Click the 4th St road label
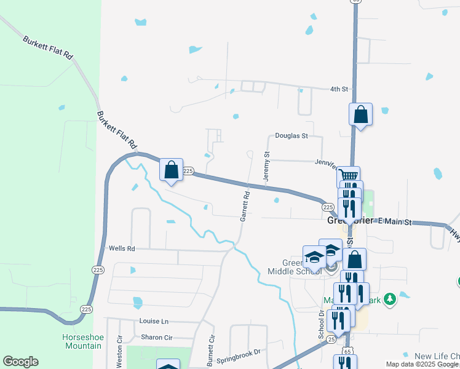[x=339, y=89]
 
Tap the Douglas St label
[x=291, y=135]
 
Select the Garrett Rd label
[x=245, y=206]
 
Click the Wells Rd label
[x=121, y=248]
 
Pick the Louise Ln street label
[x=154, y=322]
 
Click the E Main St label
[x=394, y=221]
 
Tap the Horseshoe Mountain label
[x=82, y=341]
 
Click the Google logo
[x=20, y=362]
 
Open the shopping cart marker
[x=349, y=176]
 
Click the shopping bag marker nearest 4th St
[x=360, y=114]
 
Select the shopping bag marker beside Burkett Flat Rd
[x=171, y=170]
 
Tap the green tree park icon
[x=389, y=299]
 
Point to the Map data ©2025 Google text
[x=421, y=364]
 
